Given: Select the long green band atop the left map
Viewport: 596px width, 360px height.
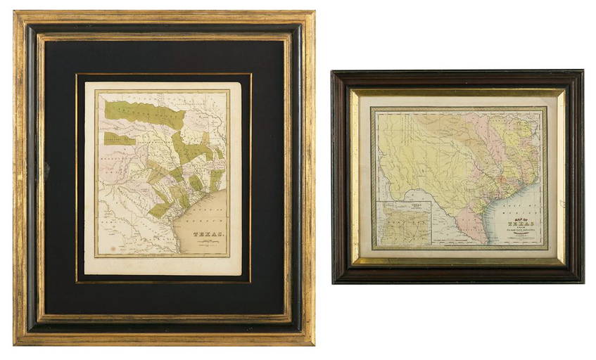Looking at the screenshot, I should coord(144,112).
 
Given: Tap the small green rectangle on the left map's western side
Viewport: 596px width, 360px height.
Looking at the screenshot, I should coord(118,139).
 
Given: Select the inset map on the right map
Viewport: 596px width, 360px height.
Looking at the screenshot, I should coord(403,222).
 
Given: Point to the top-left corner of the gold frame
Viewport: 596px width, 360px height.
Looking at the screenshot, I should coord(15,13).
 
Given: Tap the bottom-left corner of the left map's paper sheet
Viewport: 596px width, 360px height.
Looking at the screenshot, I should coord(85,274).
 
